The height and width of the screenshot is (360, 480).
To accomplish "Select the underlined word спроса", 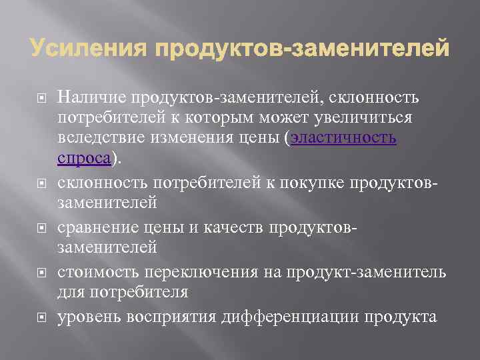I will [x=84, y=158].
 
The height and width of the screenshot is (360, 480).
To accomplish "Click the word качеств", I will [x=237, y=228].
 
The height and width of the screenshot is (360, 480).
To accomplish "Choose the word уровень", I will [x=85, y=316].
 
